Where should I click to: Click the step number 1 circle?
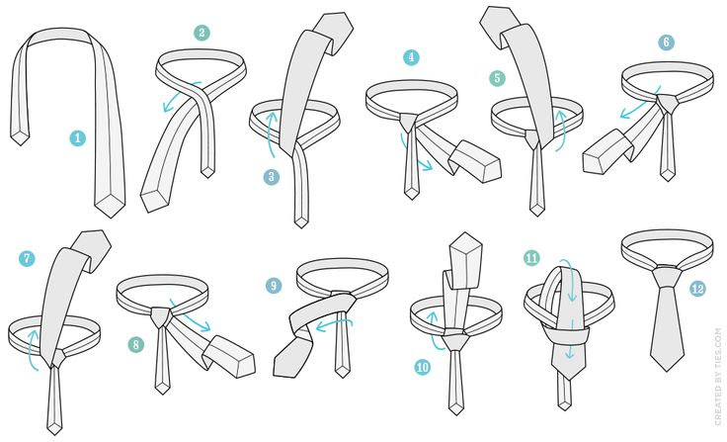[x=77, y=137]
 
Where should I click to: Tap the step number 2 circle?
[x=202, y=33]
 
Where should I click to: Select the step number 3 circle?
[x=272, y=176]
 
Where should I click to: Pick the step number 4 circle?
[x=411, y=57]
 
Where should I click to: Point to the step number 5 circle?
[x=497, y=78]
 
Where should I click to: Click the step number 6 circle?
[x=666, y=43]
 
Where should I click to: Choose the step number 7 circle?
[x=27, y=258]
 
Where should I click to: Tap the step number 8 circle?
[x=136, y=344]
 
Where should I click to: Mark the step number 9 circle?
[x=274, y=285]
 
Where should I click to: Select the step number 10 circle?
[x=423, y=367]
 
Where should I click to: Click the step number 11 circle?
[x=531, y=258]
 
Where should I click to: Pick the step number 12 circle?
[x=697, y=289]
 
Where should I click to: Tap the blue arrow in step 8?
[x=190, y=315]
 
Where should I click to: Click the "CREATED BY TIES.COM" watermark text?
[x=718, y=376]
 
